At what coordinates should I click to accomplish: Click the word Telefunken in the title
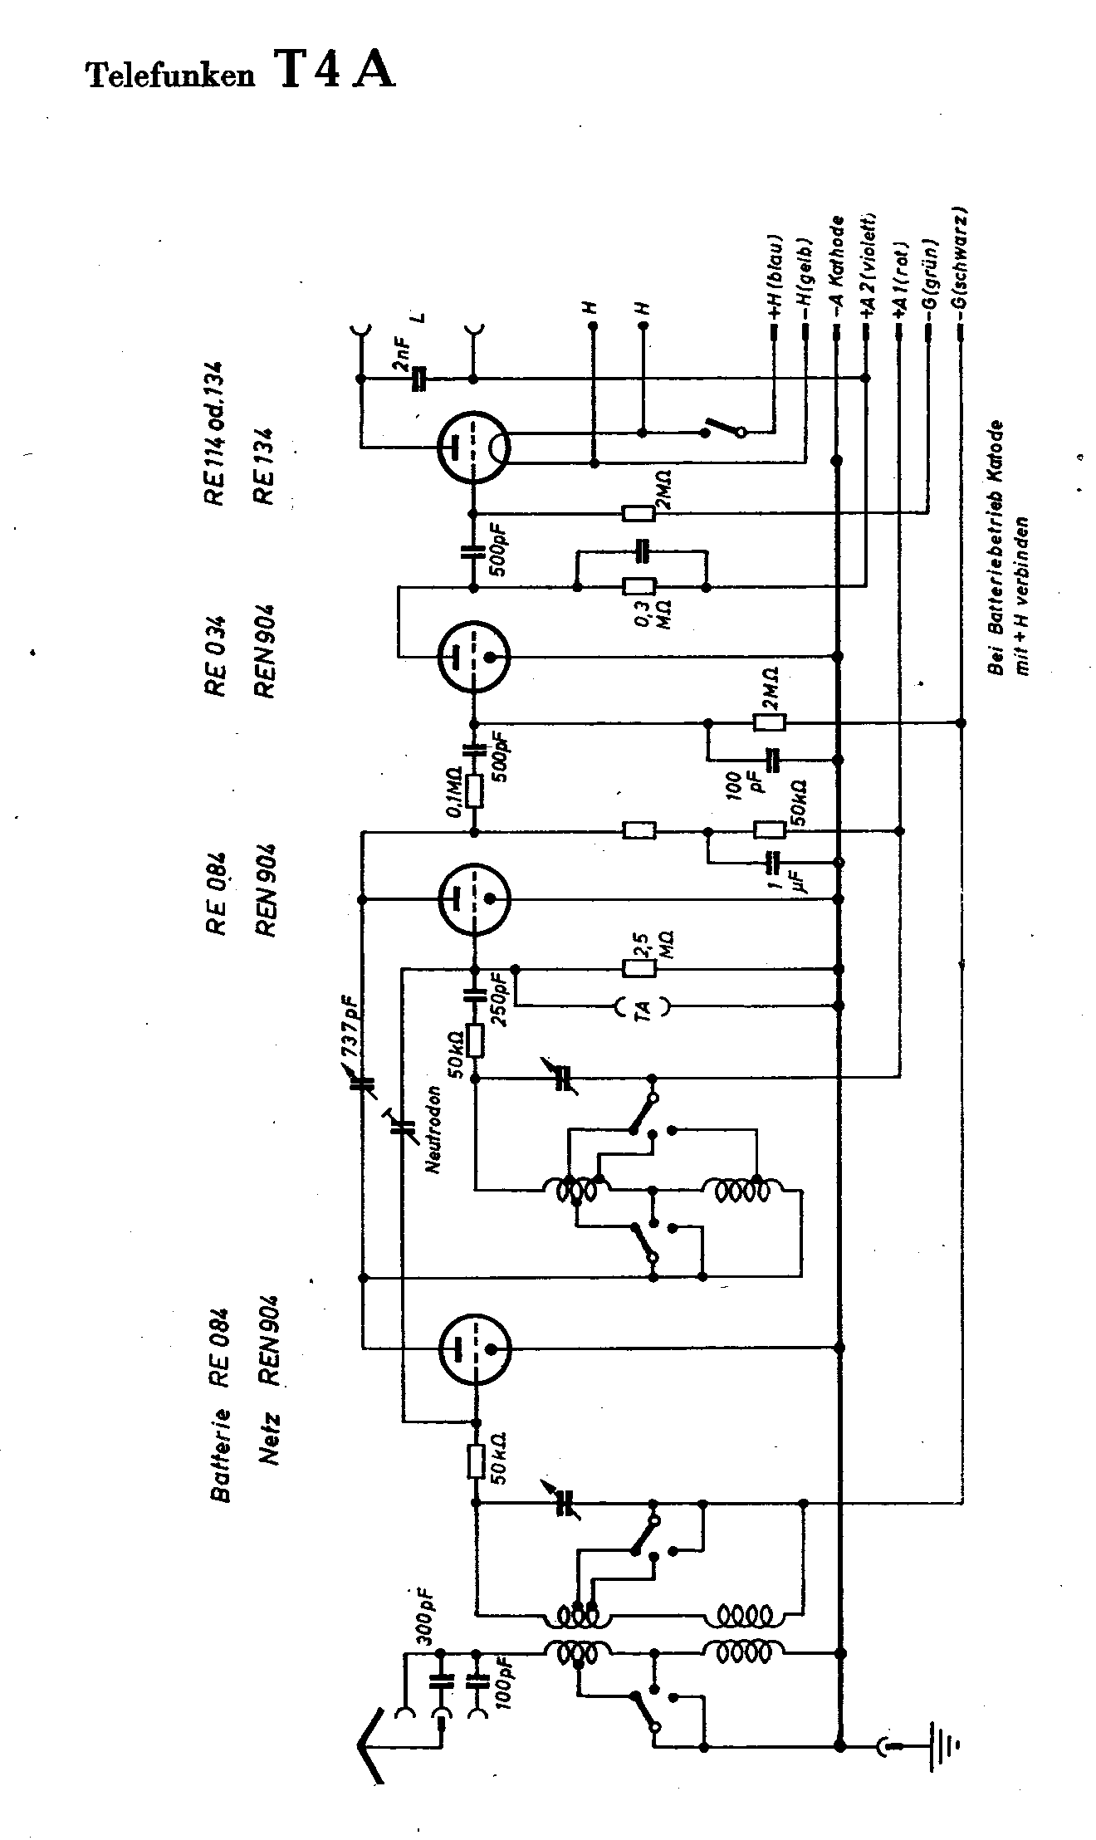[169, 76]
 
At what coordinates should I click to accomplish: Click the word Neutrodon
[433, 1128]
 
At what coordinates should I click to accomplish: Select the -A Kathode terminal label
[837, 267]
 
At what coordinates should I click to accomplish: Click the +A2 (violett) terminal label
[869, 264]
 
